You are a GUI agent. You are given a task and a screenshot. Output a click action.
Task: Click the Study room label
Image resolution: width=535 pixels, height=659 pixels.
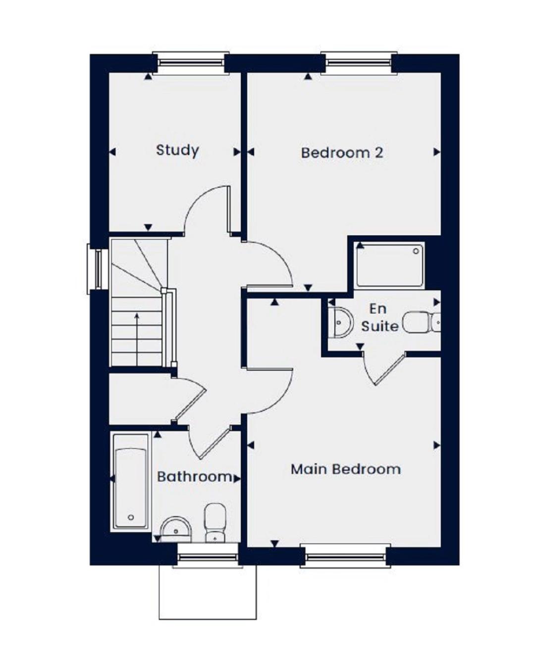(177, 151)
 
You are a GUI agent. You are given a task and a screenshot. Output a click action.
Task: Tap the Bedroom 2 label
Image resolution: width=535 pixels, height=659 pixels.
(342, 153)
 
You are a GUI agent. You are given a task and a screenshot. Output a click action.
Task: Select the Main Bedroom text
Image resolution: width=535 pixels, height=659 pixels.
(346, 469)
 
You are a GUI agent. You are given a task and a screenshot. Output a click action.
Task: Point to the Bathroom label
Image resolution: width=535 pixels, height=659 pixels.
(195, 477)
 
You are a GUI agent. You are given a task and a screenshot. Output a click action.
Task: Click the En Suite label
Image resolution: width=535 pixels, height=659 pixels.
(379, 318)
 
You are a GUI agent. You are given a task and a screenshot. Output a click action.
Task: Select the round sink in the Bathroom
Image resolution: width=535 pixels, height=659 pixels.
(176, 530)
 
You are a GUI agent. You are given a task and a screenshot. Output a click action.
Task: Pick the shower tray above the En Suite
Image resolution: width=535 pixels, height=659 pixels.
(390, 265)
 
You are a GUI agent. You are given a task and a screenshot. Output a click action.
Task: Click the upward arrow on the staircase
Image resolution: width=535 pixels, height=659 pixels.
(137, 340)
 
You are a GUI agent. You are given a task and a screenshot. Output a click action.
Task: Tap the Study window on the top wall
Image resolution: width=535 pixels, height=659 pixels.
(191, 63)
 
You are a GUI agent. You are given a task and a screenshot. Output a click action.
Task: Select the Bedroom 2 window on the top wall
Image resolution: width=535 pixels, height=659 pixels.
(359, 63)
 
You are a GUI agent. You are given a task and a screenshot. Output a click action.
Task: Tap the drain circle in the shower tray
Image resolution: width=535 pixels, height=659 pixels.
(416, 251)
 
